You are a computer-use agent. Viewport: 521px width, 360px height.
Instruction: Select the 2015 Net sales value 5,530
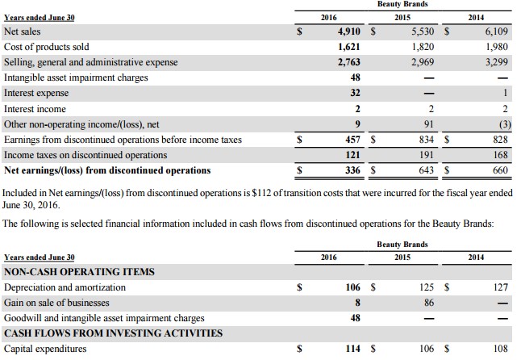click(x=415, y=31)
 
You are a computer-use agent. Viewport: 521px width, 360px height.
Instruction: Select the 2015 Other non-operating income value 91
click(x=427, y=124)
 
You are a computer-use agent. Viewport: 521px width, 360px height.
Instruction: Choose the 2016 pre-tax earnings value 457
click(x=348, y=140)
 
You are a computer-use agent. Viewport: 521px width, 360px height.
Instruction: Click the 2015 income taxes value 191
click(x=425, y=155)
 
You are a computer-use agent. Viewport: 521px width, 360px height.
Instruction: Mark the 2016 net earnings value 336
click(x=348, y=170)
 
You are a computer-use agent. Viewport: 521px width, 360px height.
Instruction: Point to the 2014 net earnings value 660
click(x=500, y=170)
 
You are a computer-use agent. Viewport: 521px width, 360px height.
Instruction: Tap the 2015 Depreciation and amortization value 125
click(x=425, y=287)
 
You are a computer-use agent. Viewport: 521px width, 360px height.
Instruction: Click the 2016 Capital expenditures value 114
click(x=349, y=350)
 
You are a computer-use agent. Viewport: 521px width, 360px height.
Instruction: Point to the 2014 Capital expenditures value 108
click(x=500, y=350)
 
